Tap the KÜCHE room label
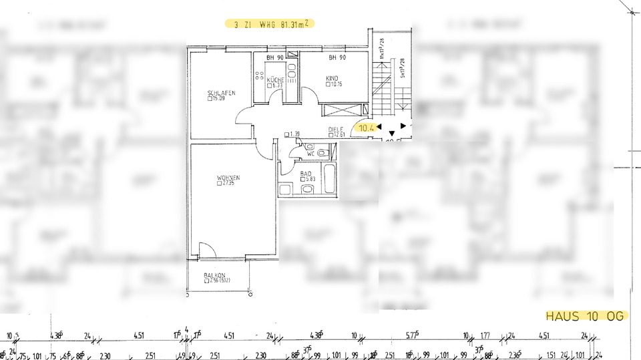click(275, 79)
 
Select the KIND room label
click(332, 78)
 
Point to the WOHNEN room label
click(228, 177)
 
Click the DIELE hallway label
click(335, 129)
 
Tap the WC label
click(310, 154)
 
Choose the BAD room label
click(306, 174)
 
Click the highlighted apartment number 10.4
click(367, 127)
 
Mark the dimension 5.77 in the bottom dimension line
click(411, 336)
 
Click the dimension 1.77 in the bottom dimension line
click(485, 336)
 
